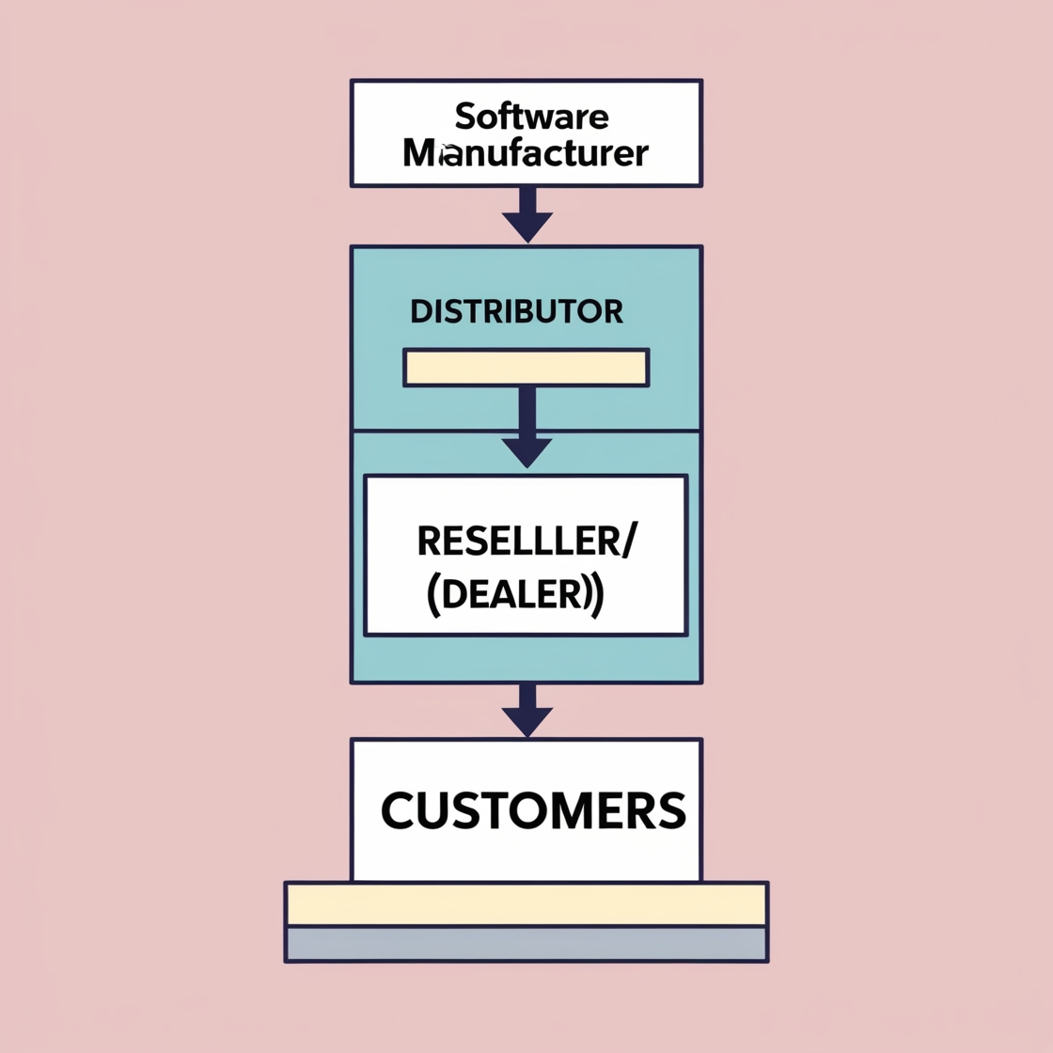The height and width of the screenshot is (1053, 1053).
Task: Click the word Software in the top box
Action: (531, 117)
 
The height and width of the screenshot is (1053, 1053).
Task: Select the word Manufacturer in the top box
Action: (526, 152)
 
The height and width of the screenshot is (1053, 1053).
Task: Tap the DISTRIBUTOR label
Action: (516, 311)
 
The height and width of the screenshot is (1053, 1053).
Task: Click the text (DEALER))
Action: (515, 595)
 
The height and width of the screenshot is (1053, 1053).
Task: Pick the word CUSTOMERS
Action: (533, 810)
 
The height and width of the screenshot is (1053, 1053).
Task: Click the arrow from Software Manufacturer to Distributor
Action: (527, 216)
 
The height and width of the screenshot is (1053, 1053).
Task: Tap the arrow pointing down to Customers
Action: (527, 710)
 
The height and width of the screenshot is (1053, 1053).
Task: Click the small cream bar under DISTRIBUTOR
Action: (526, 368)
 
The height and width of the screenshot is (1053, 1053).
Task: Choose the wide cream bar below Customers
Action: (526, 904)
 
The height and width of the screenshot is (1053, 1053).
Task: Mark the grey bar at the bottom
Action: (526, 943)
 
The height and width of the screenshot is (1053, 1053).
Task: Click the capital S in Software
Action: (464, 117)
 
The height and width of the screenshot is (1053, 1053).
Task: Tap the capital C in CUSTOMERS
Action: (400, 810)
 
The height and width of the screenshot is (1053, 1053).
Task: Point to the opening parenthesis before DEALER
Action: (432, 596)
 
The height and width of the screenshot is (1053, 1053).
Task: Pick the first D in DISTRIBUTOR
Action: (420, 311)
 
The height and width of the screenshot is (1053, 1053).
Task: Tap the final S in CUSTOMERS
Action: (669, 810)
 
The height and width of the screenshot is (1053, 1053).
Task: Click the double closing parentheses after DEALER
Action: (593, 596)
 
